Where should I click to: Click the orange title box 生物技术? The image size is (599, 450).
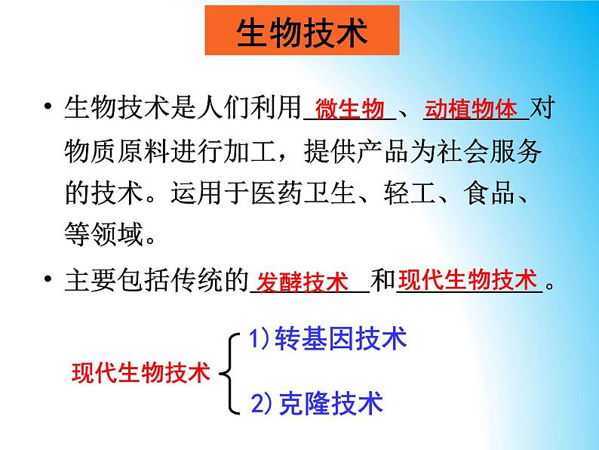[x=303, y=30]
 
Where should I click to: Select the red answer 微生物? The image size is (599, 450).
[x=349, y=109]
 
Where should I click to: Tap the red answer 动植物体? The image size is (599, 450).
[x=471, y=109]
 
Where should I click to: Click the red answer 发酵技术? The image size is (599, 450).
[x=303, y=282]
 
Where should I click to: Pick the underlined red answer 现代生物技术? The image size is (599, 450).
[x=468, y=279]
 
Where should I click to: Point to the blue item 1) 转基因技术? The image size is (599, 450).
[x=327, y=338]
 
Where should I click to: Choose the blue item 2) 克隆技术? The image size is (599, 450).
[x=317, y=403]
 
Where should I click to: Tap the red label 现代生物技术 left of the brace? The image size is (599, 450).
[x=141, y=372]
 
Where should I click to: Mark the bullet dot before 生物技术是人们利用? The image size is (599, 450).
[x=48, y=106]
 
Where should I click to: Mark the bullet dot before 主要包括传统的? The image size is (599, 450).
[x=48, y=279]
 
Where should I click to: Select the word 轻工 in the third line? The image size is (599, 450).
[x=410, y=193]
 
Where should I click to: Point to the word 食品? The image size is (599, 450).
[x=490, y=193]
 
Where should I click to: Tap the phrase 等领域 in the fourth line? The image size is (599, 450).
[x=104, y=233]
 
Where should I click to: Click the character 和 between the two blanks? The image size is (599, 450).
[x=383, y=279]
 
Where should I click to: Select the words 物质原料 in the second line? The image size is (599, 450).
[x=117, y=150]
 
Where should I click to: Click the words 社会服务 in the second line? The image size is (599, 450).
[x=490, y=150]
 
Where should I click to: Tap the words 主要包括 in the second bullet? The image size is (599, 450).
[x=117, y=279]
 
